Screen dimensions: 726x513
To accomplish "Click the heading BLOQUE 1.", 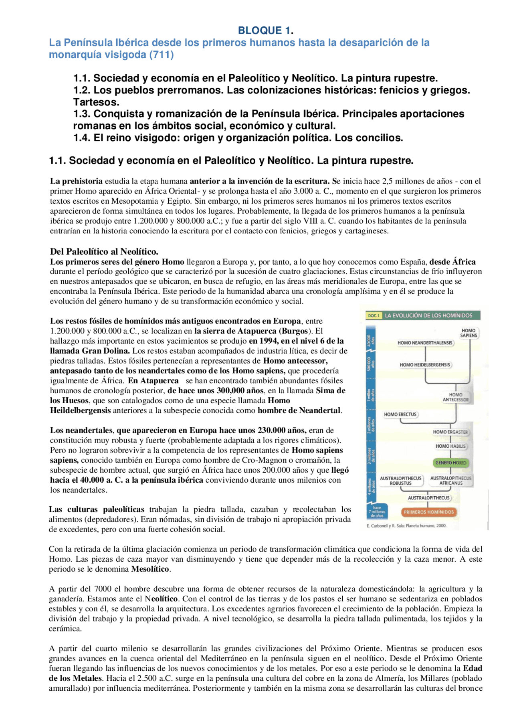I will pyautogui.click(x=266, y=30).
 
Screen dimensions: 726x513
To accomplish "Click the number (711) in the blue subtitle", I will pyautogui.click(x=162, y=55).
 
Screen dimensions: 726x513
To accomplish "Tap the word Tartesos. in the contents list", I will pyautogui.click(x=96, y=102).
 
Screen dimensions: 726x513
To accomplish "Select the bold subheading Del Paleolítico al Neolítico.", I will pyautogui.click(x=104, y=252).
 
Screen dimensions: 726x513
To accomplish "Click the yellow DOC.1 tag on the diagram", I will pyautogui.click(x=374, y=315).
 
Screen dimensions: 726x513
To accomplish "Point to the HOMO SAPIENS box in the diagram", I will pyautogui.click(x=469, y=333).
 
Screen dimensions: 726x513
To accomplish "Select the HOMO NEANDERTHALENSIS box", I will pyautogui.click(x=425, y=343).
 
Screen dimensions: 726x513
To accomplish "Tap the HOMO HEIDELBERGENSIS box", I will pyautogui.click(x=425, y=365).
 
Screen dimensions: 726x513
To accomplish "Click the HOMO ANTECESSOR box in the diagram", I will pyautogui.click(x=456, y=397).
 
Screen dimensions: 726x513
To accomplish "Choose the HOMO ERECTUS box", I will pyautogui.click(x=400, y=415).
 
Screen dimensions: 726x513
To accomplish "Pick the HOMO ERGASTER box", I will pyautogui.click(x=450, y=432).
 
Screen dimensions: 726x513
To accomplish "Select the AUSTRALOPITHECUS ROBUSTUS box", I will pyautogui.click(x=400, y=481).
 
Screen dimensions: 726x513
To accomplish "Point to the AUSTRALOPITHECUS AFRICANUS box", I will pyautogui.click(x=451, y=481).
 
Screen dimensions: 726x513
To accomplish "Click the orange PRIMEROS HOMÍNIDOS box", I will pyautogui.click(x=428, y=512).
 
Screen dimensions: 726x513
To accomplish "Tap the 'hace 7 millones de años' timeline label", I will pyautogui.click(x=377, y=512).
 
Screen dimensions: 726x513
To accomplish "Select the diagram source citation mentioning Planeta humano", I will pyautogui.click(x=406, y=526).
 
